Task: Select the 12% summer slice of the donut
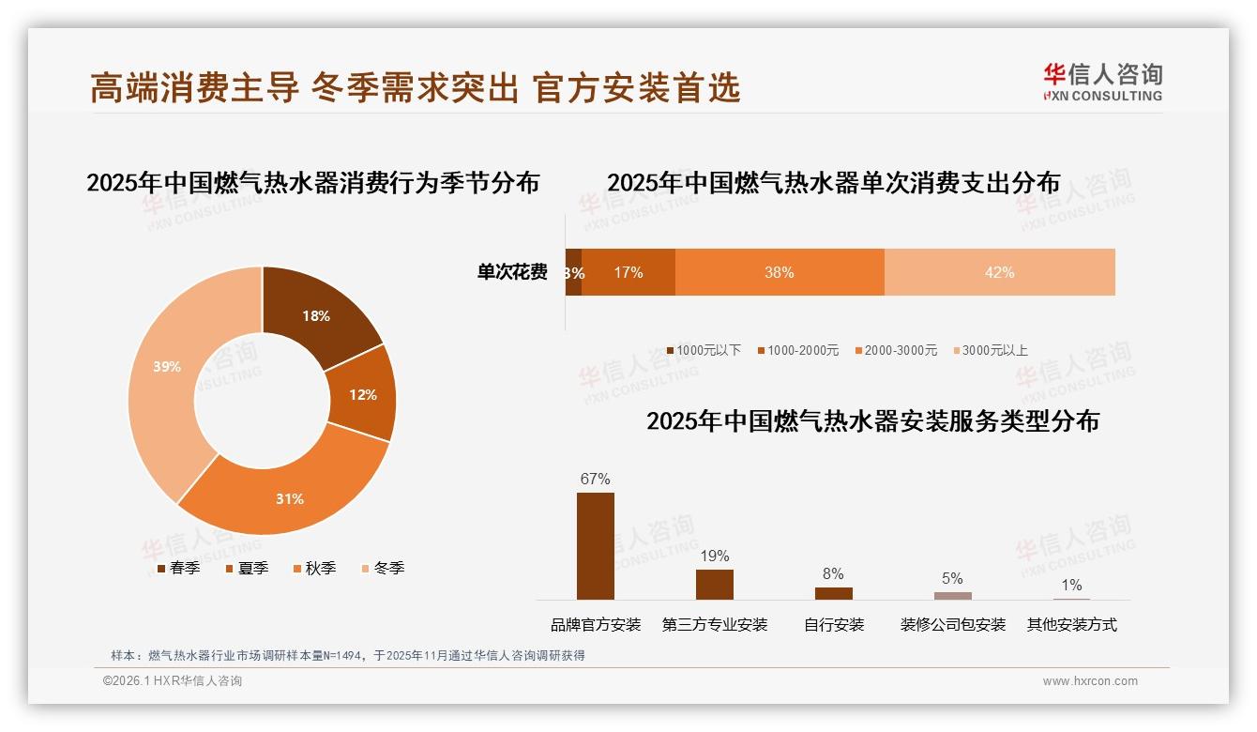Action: (362, 394)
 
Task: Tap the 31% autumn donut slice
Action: (290, 498)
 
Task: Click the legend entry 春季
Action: (178, 568)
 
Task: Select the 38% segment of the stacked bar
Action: (779, 272)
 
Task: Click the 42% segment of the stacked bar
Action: (999, 272)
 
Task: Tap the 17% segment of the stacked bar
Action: (628, 272)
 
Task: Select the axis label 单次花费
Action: (511, 272)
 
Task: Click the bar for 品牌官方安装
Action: (595, 545)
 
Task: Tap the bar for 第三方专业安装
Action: (714, 584)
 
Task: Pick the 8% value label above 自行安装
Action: (833, 573)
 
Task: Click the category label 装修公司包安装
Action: (952, 625)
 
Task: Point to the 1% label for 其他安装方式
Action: (1071, 586)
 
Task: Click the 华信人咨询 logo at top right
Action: (1102, 82)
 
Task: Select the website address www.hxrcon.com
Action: (1090, 681)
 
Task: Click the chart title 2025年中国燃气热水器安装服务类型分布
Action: (872, 421)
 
